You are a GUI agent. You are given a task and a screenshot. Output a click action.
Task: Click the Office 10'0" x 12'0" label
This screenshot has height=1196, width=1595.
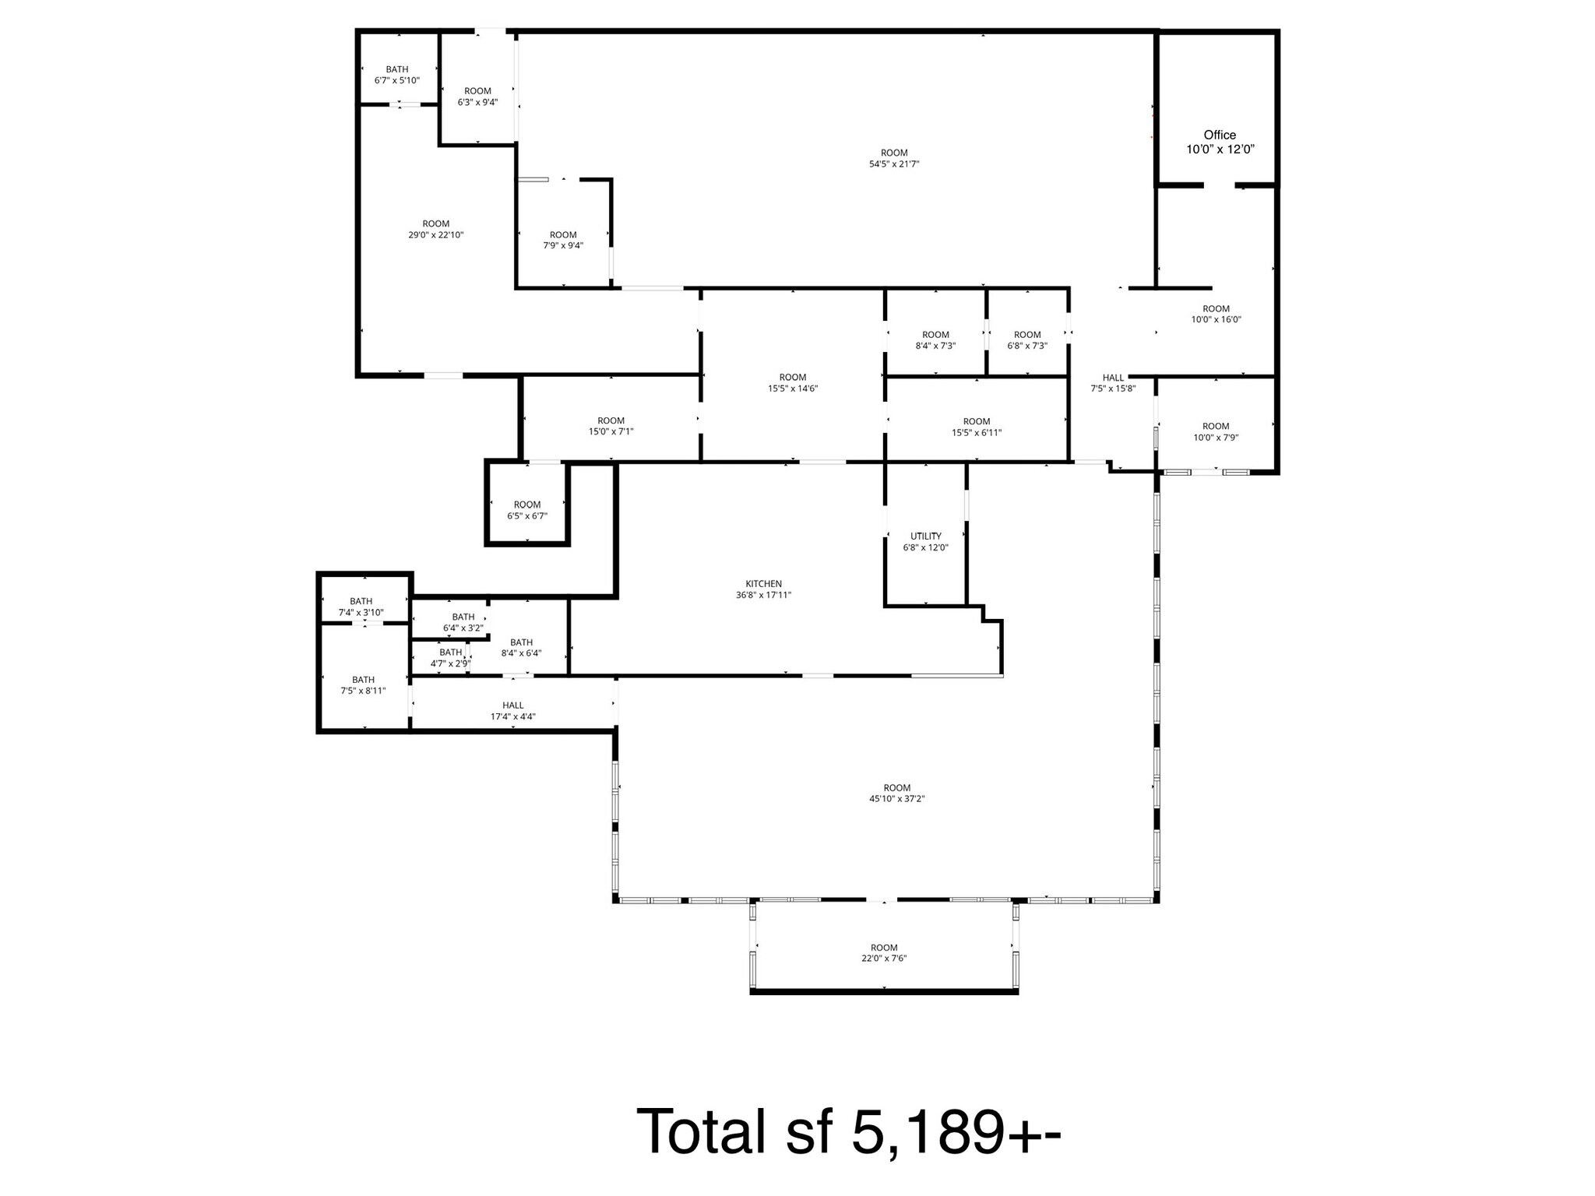(x=1220, y=142)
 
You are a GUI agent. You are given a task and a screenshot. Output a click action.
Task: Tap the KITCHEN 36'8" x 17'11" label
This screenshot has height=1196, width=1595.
(x=763, y=589)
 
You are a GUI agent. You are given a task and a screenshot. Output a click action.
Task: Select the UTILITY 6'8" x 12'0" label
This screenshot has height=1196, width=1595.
(x=925, y=542)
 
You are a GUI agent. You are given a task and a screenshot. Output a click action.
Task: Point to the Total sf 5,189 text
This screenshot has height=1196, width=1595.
(x=848, y=1131)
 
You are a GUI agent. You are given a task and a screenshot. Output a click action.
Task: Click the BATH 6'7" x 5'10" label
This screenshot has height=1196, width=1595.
(x=396, y=75)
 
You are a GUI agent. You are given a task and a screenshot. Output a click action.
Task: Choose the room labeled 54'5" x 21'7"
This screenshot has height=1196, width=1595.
(x=894, y=158)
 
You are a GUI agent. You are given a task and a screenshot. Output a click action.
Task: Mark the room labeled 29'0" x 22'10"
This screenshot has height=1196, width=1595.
(x=435, y=229)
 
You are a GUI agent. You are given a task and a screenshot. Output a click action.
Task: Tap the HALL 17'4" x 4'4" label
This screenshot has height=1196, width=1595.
(x=512, y=711)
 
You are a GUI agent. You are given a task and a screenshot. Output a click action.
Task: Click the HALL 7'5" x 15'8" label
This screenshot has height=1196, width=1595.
(x=1113, y=383)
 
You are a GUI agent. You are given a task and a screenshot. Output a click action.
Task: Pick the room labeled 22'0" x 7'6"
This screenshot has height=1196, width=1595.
(x=884, y=953)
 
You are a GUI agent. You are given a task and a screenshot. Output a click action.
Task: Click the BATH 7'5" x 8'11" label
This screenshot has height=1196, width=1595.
(x=363, y=685)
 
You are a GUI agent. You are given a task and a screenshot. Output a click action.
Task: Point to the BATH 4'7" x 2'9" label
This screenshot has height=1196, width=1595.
(x=450, y=658)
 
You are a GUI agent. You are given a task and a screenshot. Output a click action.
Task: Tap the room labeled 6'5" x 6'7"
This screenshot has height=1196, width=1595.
(x=527, y=510)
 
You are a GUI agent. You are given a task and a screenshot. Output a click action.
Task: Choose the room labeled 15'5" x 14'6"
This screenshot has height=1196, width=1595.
(x=792, y=382)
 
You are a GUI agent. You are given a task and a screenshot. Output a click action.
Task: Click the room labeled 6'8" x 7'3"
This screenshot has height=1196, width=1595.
(x=1027, y=340)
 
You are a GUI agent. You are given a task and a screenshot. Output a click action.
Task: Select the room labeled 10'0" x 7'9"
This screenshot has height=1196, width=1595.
(x=1215, y=431)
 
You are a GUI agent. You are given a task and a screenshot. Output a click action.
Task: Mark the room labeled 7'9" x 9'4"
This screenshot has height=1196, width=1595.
(x=563, y=240)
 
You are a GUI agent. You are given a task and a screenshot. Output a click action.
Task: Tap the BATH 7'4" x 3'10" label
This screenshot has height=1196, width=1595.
(x=361, y=607)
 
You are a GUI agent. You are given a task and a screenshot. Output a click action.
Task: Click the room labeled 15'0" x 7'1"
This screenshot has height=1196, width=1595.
(x=611, y=426)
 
